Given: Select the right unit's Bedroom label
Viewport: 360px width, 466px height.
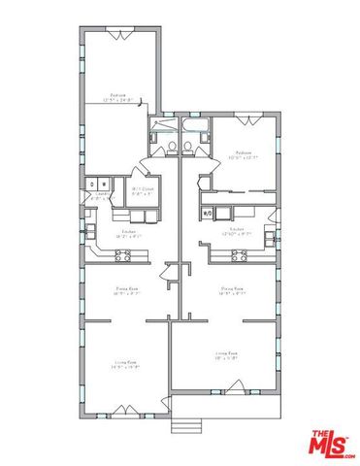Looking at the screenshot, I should click(243, 154).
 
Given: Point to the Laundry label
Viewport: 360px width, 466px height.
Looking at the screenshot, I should click(99, 194).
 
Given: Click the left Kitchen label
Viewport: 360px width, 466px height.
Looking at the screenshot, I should click(128, 233).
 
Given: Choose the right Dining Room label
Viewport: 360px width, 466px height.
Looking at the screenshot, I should click(231, 290).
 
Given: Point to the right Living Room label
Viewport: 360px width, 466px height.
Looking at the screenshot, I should click(227, 355).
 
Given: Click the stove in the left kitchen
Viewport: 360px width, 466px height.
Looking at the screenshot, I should click(124, 256).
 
